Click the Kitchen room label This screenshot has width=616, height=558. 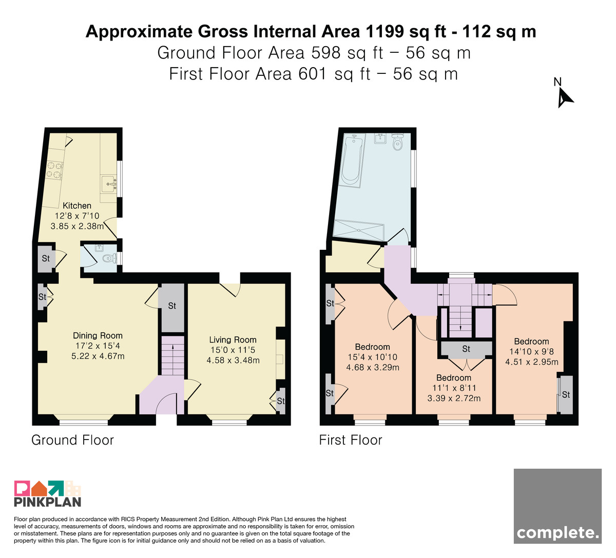click(x=77, y=205)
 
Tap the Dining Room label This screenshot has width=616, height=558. click(x=98, y=335)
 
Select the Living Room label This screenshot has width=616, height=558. click(x=233, y=340)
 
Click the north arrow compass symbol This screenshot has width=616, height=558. click(x=565, y=97)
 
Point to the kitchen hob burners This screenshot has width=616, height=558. click(x=54, y=170)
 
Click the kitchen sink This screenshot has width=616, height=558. click(x=109, y=184)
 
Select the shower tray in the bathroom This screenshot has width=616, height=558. click(x=359, y=230)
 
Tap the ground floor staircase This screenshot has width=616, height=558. click(x=173, y=355)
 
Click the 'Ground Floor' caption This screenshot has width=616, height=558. click(x=72, y=440)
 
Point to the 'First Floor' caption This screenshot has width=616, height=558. click(x=351, y=440)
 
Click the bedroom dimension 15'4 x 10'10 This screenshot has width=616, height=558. click(x=373, y=357)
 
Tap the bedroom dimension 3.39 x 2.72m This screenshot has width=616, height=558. click(x=454, y=398)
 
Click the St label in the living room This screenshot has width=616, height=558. click(x=281, y=401)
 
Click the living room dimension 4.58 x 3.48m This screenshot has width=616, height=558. click(x=233, y=360)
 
